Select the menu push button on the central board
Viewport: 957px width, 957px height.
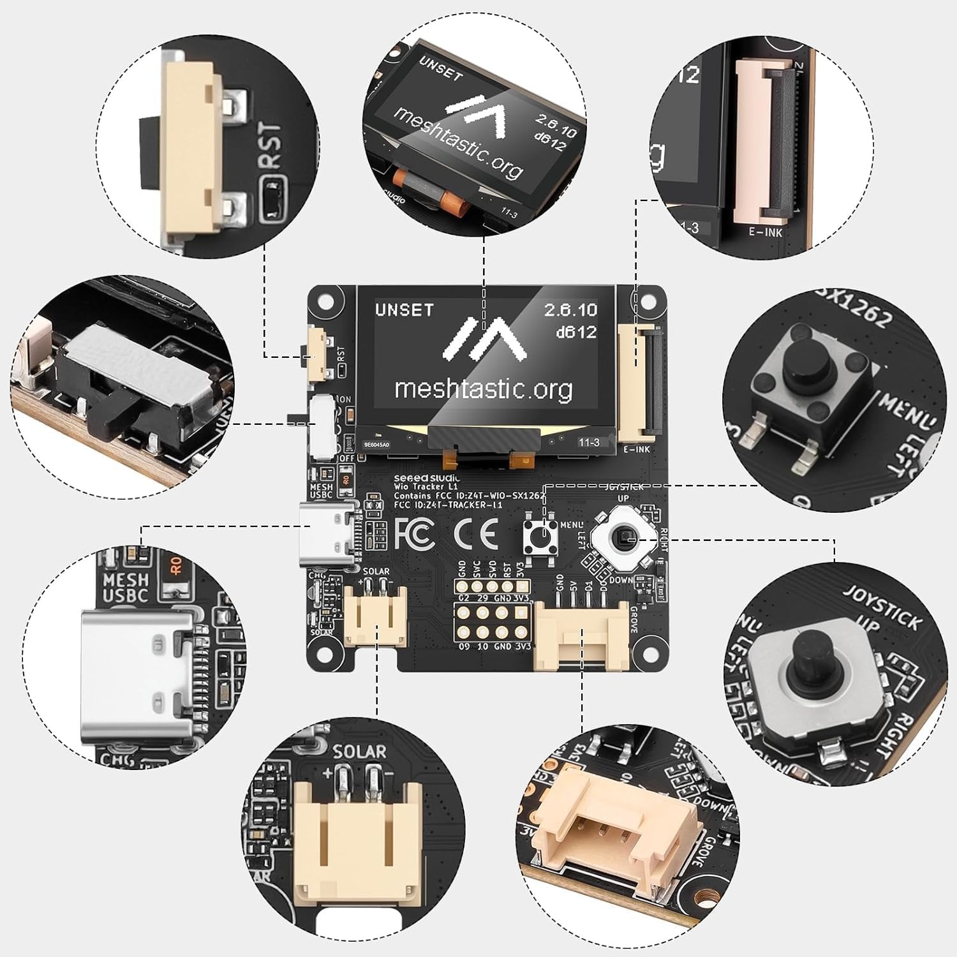click(540, 537)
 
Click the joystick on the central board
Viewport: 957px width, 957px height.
click(623, 540)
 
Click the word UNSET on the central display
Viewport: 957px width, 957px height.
click(404, 310)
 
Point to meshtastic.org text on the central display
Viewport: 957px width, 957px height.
click(483, 388)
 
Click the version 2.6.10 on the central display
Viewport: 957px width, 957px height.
click(570, 310)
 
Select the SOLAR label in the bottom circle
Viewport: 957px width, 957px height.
click(359, 752)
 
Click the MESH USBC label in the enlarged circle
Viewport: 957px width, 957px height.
click(125, 588)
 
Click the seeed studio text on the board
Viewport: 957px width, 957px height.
click(427, 478)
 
